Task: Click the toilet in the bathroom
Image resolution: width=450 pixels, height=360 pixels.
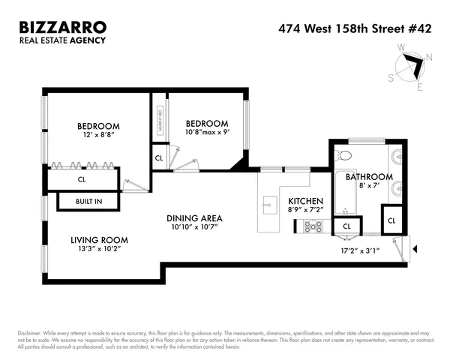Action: coord(344,155)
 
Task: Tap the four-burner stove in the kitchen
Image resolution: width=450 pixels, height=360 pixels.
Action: coord(313,224)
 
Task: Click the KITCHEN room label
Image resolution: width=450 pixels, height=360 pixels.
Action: coord(305,202)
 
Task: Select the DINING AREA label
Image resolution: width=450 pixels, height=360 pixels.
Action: coord(193,218)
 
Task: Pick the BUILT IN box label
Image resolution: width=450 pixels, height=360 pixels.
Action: coord(88,202)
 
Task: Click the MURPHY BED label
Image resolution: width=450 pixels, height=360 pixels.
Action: coord(159,121)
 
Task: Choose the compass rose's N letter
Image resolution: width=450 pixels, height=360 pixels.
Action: coord(428,56)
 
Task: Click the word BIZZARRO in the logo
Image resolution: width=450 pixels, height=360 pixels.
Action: coord(63,27)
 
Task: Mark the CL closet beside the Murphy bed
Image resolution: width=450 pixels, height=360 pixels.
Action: coord(159,158)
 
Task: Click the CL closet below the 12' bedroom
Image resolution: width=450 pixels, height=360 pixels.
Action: coord(82,179)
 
